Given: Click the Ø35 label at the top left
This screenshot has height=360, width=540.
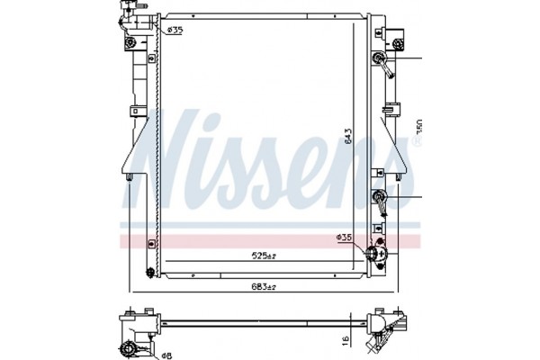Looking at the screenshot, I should tap(175, 31).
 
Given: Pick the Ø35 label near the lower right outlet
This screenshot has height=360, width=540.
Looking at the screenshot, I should tap(344, 238).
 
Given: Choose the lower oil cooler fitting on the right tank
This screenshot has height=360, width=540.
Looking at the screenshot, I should tap(379, 199).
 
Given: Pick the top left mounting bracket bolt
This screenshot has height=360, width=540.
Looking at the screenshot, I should tap(131, 42).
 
